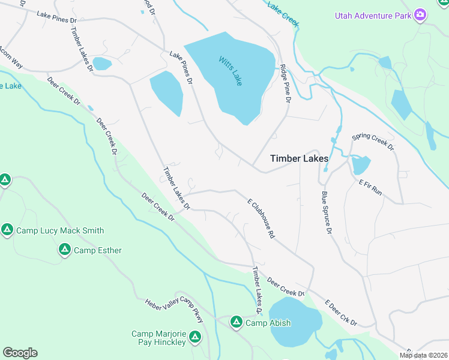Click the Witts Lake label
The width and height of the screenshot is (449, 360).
(231, 70)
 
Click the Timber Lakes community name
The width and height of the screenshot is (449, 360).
(299, 158)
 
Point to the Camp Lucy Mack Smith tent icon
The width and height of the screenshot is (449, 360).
(7, 230)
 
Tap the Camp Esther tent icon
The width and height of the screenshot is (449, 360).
(65, 250)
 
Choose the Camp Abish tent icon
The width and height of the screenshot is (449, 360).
(236, 323)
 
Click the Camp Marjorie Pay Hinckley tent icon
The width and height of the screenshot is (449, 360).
(194, 338)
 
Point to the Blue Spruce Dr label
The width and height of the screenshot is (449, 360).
(326, 212)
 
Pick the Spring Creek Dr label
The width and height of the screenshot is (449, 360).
(373, 142)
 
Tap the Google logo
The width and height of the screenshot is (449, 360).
(20, 353)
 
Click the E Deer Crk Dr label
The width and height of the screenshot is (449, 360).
(340, 314)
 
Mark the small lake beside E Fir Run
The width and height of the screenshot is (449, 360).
(361, 164)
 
